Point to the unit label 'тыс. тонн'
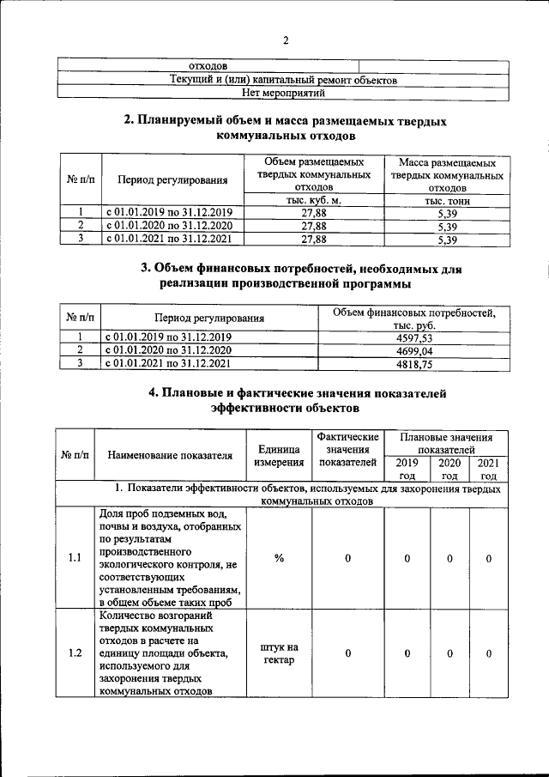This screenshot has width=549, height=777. point(446,200)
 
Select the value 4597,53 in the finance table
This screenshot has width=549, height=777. point(410,337)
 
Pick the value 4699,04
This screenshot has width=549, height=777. point(410,350)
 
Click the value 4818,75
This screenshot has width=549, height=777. point(410,363)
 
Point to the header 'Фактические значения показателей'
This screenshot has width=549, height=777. point(347,450)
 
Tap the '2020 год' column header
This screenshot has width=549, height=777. point(449,469)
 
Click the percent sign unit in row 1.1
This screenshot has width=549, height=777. point(279,559)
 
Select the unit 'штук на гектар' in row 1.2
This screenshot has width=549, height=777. point(279,653)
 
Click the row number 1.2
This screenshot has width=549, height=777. point(74,653)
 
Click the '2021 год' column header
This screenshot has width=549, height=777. point(488,469)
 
